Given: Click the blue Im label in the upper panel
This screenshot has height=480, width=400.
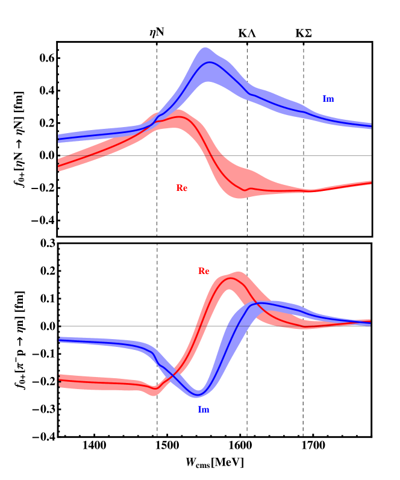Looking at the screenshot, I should pyautogui.click(x=328, y=99).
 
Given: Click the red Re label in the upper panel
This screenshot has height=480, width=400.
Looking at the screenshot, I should pyautogui.click(x=181, y=188).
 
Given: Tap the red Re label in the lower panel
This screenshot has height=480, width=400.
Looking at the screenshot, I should pyautogui.click(x=204, y=271).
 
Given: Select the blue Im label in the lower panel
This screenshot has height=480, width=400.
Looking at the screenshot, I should pyautogui.click(x=204, y=410).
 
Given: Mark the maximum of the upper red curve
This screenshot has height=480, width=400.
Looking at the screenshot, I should pyautogui.click(x=180, y=117).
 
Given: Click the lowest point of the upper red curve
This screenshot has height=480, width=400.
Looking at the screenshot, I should pyautogui.click(x=245, y=190).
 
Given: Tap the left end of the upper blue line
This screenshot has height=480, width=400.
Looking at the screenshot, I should pyautogui.click(x=58, y=139).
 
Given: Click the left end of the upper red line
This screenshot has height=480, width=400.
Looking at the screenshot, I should pyautogui.click(x=58, y=165).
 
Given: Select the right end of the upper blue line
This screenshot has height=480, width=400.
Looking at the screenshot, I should pyautogui.click(x=371, y=126).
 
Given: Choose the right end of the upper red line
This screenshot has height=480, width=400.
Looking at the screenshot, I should pyautogui.click(x=371, y=182).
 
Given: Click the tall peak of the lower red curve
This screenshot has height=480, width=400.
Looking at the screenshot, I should pyautogui.click(x=231, y=278).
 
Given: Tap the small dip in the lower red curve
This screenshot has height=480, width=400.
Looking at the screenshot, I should pyautogui.click(x=155, y=387).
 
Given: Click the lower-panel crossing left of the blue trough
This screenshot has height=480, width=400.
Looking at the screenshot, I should pyautogui.click(x=171, y=375).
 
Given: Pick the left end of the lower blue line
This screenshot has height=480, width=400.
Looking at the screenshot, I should pyautogui.click(x=58, y=340).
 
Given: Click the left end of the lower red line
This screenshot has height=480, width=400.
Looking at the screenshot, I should pyautogui.click(x=58, y=380).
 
